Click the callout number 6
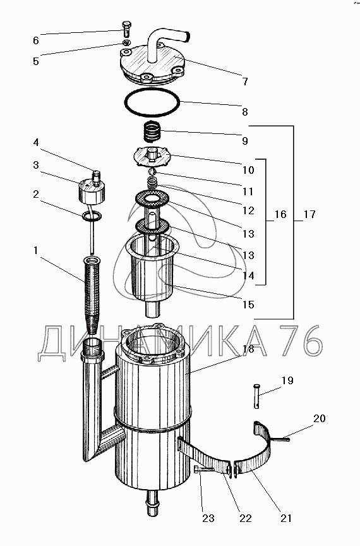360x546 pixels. tap(36, 40)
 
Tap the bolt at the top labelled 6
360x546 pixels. tap(126, 29)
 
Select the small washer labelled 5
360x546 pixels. tap(127, 42)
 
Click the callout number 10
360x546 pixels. tap(248, 170)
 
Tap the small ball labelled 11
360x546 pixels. tap(152, 172)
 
